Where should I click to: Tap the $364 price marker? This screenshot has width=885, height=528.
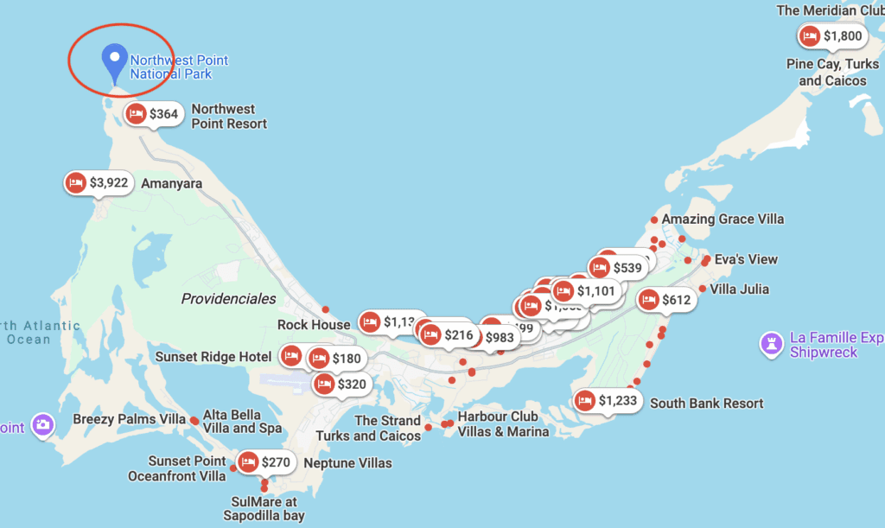[x=153, y=114]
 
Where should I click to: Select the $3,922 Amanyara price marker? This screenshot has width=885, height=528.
[x=99, y=183]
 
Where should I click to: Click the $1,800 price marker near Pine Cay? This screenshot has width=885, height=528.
[x=832, y=36]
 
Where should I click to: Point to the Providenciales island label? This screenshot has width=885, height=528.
[x=228, y=299]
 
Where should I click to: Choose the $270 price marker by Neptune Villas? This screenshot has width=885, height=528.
[x=265, y=462]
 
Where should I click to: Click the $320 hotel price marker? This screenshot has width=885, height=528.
[x=341, y=385]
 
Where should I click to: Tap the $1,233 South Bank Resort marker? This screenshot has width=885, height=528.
[x=608, y=401]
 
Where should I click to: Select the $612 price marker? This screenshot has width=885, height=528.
[x=665, y=301]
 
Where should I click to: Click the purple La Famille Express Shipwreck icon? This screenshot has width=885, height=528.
[x=768, y=344]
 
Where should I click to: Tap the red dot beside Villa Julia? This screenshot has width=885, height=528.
[x=703, y=289]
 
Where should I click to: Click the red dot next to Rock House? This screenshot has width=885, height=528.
[x=326, y=309]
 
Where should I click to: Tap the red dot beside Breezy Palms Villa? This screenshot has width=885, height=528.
[x=194, y=420]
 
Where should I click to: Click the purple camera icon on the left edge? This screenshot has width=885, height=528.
[x=42, y=424]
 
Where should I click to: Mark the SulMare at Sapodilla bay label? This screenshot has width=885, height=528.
[x=264, y=508]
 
